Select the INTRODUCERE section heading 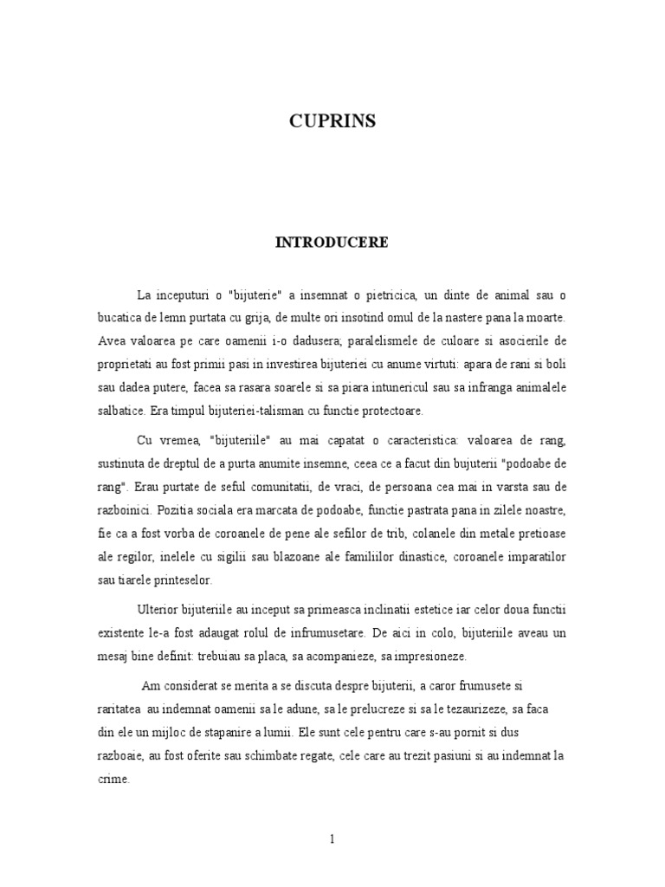[332, 243]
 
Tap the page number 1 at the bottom [332, 839]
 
